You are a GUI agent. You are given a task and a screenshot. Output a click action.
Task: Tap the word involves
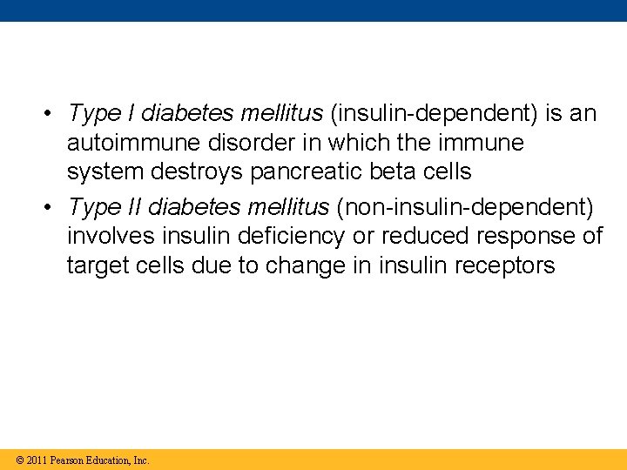106,236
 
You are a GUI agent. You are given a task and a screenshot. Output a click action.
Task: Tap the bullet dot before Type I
53,114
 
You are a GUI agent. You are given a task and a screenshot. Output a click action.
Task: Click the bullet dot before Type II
53,207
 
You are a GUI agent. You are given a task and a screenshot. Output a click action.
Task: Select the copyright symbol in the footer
19,460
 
